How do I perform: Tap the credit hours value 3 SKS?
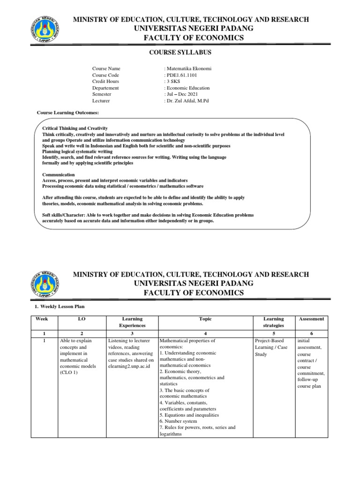[x=174, y=82]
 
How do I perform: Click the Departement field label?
[x=105, y=88]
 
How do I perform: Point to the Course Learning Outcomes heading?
[x=68, y=113]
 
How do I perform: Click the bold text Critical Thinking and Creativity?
[x=75, y=128]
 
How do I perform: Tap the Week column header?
[x=42, y=319]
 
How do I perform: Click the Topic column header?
[x=205, y=319]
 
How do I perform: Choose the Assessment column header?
[x=311, y=319]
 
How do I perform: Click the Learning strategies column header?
[x=274, y=322]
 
